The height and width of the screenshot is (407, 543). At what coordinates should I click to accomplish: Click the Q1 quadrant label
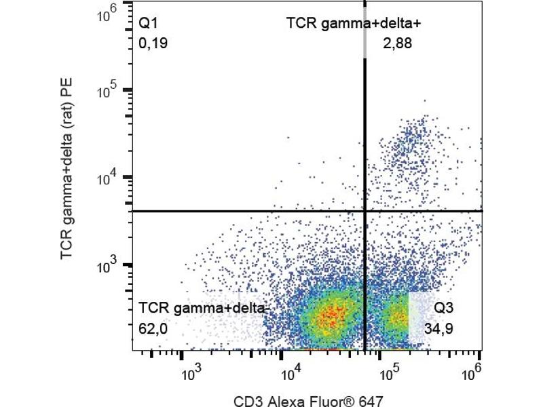tap(148, 24)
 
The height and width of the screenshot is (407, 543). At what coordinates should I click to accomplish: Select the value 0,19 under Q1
tap(153, 44)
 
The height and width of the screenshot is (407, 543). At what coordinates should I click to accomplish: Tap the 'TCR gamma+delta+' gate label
tap(354, 24)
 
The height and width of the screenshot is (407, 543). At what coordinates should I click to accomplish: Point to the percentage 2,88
tap(398, 44)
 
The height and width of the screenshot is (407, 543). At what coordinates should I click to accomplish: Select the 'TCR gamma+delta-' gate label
tap(204, 309)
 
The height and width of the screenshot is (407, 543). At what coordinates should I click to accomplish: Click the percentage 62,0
tap(153, 329)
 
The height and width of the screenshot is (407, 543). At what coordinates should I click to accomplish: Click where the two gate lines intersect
tap(366, 211)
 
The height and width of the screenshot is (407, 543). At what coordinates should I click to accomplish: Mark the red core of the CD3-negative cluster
tap(330, 313)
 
